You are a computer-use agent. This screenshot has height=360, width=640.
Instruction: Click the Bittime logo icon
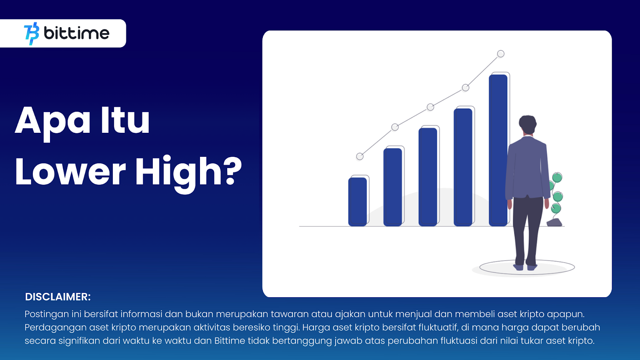point(32,34)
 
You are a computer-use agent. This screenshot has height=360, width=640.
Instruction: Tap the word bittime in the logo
point(76,33)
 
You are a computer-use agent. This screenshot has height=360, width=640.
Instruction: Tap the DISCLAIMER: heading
point(58,297)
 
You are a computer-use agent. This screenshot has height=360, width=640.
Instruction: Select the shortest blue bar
point(358,202)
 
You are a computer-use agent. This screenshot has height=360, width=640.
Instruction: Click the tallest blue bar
point(498,150)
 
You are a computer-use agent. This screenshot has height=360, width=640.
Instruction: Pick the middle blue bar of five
point(428,177)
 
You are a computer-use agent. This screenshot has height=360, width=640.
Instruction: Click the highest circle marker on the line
point(500,54)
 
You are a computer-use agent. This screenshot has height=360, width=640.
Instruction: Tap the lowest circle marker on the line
point(360,156)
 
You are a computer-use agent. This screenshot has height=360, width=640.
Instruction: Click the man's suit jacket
point(527,168)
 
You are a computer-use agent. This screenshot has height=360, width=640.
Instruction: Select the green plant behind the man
point(556,197)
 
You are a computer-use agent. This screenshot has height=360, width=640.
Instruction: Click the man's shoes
point(525,267)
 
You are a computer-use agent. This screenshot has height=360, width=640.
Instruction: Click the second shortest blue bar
point(392,187)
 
